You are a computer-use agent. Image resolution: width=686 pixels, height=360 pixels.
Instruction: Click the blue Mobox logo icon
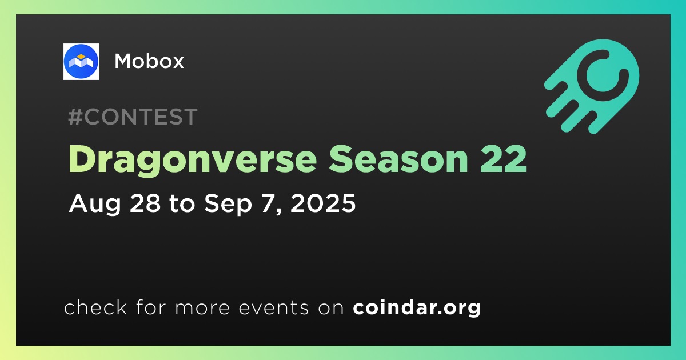point(81,62)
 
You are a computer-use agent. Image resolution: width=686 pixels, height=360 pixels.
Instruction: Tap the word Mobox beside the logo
point(149,61)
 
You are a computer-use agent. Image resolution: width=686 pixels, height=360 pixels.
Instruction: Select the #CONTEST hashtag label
point(133,117)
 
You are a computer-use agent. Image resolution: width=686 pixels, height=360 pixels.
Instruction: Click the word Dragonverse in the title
point(193,160)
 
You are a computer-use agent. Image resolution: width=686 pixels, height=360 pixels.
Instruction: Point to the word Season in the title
point(398,159)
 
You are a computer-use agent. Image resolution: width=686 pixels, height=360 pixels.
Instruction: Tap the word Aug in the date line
point(95,204)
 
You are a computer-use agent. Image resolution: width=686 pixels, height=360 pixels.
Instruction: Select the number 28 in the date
point(145,203)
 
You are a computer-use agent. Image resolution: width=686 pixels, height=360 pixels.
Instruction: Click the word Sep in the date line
point(228,204)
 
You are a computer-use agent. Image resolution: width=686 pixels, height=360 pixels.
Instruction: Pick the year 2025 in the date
point(323,203)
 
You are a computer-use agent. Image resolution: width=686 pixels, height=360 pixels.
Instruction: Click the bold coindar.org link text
point(417,307)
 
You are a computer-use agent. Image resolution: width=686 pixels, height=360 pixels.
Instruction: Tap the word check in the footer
point(95,307)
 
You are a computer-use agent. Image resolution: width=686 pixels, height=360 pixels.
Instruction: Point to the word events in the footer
point(273,307)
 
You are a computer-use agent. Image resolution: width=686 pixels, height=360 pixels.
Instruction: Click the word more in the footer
point(202,308)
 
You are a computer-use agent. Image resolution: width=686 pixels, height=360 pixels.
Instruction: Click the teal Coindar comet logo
point(592,87)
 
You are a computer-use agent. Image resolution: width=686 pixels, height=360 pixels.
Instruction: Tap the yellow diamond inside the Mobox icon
point(81,57)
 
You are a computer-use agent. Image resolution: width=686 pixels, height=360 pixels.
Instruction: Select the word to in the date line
point(182,203)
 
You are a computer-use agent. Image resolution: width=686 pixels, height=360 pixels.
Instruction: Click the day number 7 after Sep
point(268,203)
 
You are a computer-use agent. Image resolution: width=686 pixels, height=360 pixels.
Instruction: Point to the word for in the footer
point(151,307)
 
